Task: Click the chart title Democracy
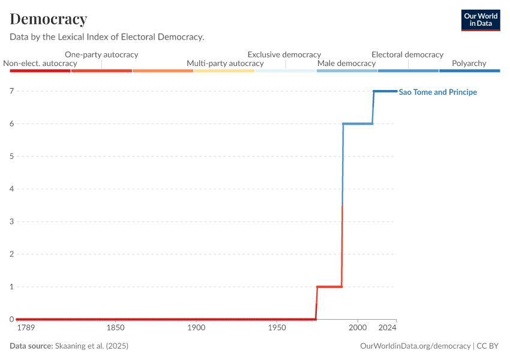click(x=49, y=19)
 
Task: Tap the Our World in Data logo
click(x=480, y=20)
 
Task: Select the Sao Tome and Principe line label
click(x=438, y=92)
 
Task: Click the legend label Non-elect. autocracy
click(x=40, y=63)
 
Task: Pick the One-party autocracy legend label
click(x=101, y=55)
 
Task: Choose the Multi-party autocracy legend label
click(x=225, y=63)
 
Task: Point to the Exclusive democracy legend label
click(x=284, y=55)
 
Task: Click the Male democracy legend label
click(x=346, y=63)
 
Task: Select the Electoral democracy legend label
click(x=407, y=55)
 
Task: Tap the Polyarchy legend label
click(x=469, y=63)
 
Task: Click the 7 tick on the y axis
click(x=11, y=91)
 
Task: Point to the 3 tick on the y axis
click(x=11, y=221)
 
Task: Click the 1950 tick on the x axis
click(x=277, y=328)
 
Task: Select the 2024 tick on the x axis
click(x=388, y=328)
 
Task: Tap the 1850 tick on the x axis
click(x=115, y=328)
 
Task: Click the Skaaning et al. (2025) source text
click(x=92, y=346)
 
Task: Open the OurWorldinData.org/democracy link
click(x=415, y=346)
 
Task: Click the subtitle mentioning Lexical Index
click(x=107, y=37)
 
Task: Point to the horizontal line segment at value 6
click(x=358, y=124)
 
